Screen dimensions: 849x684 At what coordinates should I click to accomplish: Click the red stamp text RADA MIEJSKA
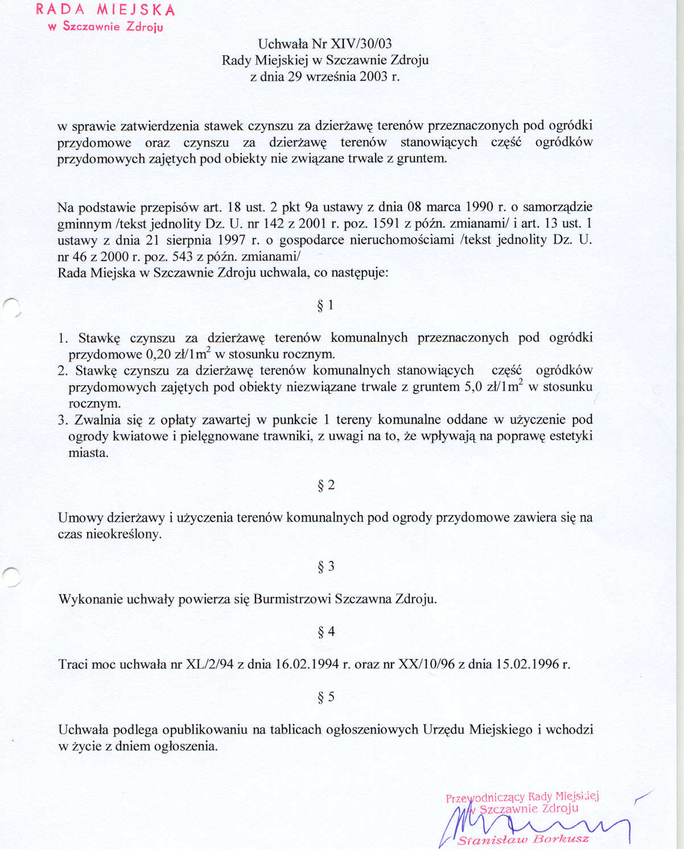coord(105,10)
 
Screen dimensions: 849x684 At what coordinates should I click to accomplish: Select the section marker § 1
coord(325,306)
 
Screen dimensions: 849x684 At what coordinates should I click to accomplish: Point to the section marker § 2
coord(325,485)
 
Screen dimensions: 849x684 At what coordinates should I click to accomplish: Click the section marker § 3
coord(325,567)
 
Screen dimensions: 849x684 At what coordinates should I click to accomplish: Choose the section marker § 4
coord(325,632)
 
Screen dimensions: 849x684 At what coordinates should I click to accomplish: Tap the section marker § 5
coord(325,697)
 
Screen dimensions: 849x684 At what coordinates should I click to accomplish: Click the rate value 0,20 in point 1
coord(159,355)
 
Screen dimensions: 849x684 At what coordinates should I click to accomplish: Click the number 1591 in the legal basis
coord(387,224)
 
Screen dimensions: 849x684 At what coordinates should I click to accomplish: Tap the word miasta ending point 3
coord(88,453)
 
